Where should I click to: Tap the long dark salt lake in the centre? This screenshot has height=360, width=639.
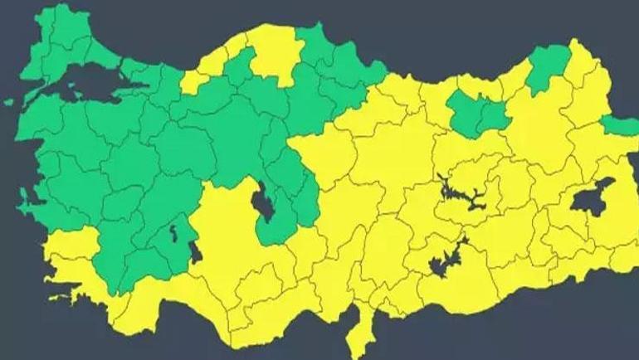pos(266,202)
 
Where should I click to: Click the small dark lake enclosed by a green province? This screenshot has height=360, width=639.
pos(173,235)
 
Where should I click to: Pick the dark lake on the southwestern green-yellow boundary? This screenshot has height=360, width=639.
pos(195,251)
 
